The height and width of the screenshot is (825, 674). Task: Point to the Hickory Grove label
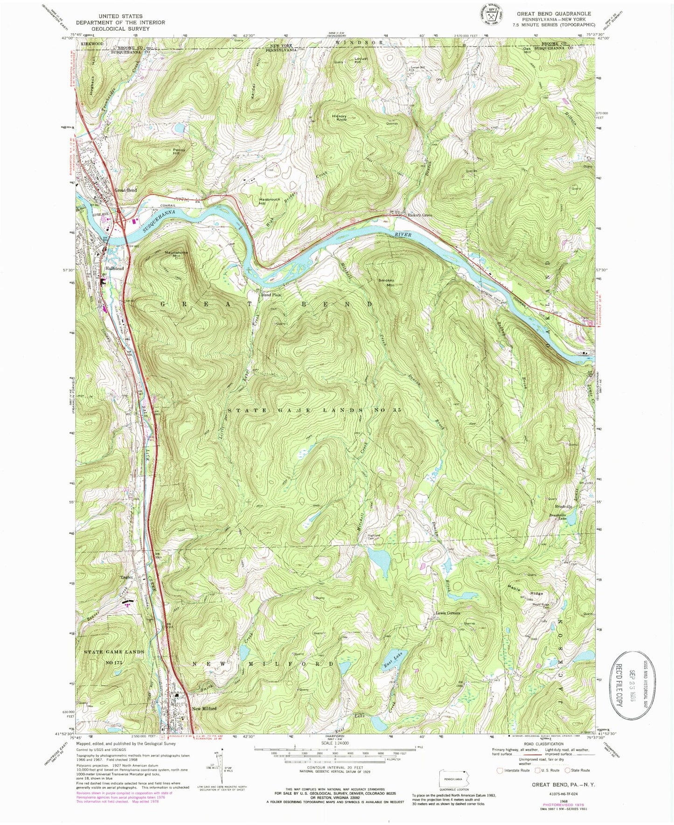tap(420, 215)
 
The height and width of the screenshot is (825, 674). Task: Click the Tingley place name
tap(127, 577)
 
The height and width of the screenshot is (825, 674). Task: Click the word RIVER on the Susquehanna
tap(402, 235)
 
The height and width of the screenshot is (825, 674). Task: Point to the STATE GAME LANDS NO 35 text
tap(314, 410)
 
